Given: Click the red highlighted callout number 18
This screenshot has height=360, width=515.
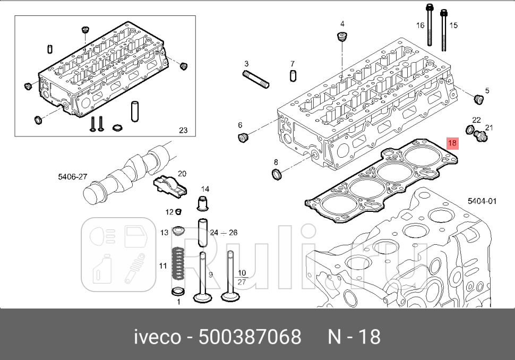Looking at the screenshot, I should click(452, 143).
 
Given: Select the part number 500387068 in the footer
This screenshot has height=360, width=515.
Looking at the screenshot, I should click(249, 337).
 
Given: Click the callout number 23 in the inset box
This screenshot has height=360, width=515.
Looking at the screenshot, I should click(183, 130).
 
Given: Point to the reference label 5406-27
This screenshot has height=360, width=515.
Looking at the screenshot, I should click(73, 177).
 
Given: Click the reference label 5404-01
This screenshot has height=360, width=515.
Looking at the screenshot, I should click(482, 201).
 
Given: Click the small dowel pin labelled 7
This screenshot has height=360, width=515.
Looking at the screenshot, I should click(293, 76).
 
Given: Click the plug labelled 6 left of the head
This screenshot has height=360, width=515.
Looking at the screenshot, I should click(244, 138).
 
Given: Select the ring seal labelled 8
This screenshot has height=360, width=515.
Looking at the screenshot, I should click(276, 174).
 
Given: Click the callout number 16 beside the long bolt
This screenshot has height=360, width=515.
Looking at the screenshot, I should click(420, 25).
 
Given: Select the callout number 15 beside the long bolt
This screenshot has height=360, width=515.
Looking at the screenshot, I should click(453, 25).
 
